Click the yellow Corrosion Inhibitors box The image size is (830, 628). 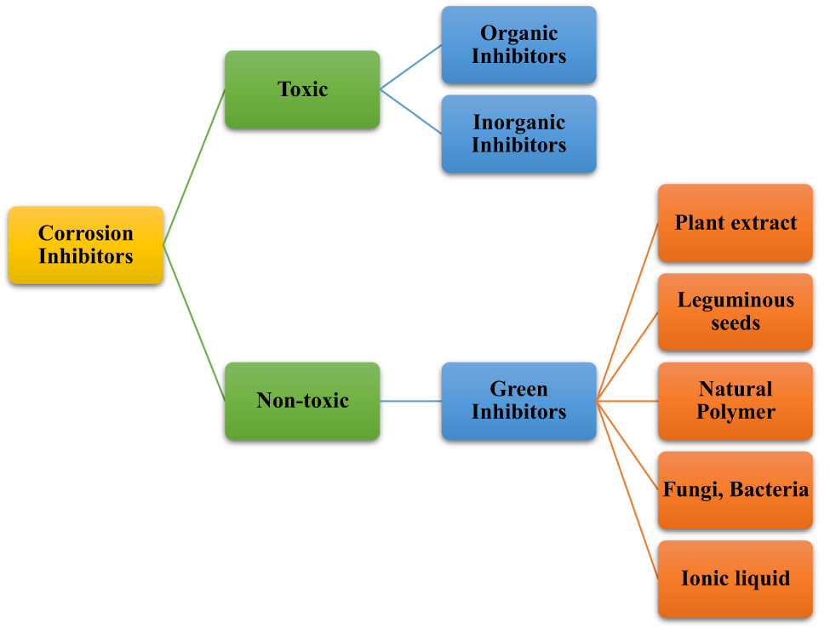(x=85, y=245)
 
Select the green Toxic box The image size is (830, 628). (x=302, y=89)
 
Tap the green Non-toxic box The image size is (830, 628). (x=302, y=401)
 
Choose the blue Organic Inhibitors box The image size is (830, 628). (x=518, y=45)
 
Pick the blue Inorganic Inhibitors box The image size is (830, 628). (x=518, y=134)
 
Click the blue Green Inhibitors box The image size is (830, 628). (x=518, y=401)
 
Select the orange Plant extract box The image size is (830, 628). (x=736, y=223)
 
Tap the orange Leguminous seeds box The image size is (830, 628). (x=736, y=311)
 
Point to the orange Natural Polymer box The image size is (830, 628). (x=736, y=401)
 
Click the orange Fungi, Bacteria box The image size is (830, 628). (x=736, y=490)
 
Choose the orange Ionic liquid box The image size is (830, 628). (x=736, y=579)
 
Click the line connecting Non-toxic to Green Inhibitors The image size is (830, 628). (x=410, y=401)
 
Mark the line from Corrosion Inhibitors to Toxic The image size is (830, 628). (x=194, y=167)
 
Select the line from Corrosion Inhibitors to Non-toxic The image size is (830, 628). (x=194, y=323)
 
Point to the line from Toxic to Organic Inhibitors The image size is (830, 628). (x=410, y=67)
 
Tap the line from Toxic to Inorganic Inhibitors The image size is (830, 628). (x=410, y=111)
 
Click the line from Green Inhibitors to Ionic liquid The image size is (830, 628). (x=628, y=490)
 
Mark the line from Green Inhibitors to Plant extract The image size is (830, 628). (x=628, y=311)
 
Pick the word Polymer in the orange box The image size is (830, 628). (x=736, y=413)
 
